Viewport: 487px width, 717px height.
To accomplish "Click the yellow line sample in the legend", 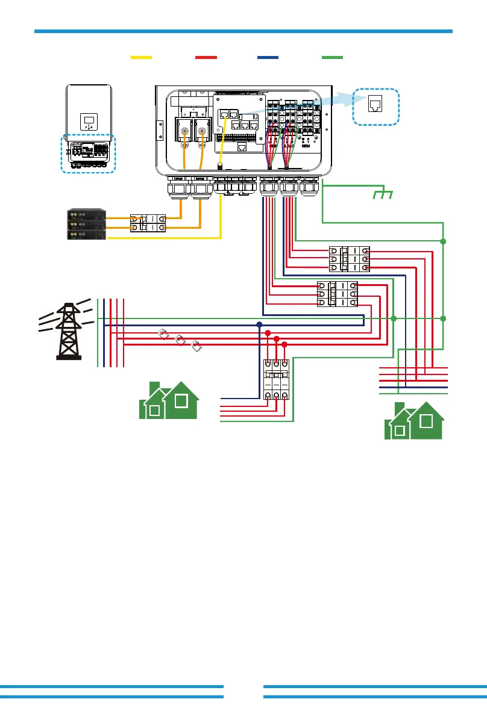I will click(x=142, y=57).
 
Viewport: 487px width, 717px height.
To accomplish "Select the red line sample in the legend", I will click(x=206, y=57).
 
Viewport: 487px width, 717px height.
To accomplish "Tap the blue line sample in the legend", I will click(x=268, y=57).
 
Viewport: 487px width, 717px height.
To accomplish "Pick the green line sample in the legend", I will click(x=332, y=57).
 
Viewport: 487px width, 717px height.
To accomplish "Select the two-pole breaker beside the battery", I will click(x=148, y=223).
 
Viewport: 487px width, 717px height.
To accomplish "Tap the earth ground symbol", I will click(x=381, y=194).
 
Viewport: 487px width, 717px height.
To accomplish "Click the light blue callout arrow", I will click(x=335, y=102).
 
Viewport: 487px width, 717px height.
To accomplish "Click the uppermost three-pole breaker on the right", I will click(x=349, y=259).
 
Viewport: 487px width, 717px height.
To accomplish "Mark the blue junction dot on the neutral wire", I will click(x=260, y=324).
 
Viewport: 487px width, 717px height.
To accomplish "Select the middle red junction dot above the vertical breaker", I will click(x=277, y=339).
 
